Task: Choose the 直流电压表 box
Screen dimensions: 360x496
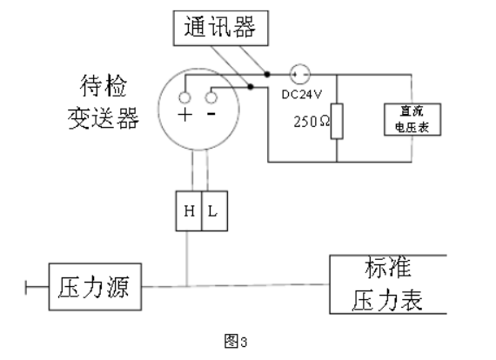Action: click(x=412, y=119)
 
